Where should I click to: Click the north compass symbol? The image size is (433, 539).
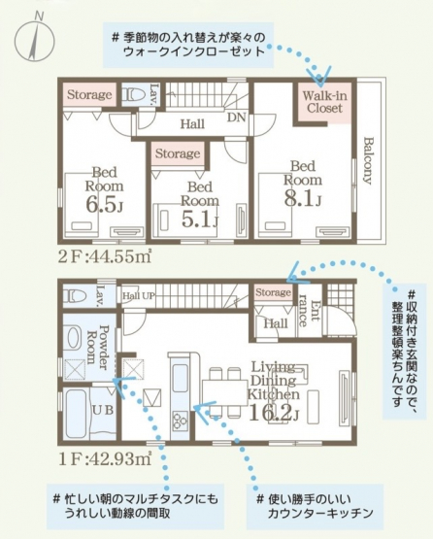(36, 39)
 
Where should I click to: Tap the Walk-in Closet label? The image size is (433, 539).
(324, 102)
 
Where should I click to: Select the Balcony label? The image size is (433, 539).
(368, 161)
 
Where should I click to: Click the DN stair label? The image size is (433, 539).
(236, 118)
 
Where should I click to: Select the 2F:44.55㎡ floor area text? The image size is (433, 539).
(105, 257)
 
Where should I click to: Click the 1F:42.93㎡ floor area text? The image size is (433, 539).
(105, 459)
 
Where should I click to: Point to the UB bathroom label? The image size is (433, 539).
(103, 411)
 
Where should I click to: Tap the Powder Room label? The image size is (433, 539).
(98, 347)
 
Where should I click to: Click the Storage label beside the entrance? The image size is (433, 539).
(273, 292)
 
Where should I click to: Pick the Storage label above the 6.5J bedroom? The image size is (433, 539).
(89, 94)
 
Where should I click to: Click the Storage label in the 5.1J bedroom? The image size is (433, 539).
(178, 153)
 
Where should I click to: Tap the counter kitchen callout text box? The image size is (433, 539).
(315, 507)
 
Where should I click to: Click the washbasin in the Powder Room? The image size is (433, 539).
(74, 338)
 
